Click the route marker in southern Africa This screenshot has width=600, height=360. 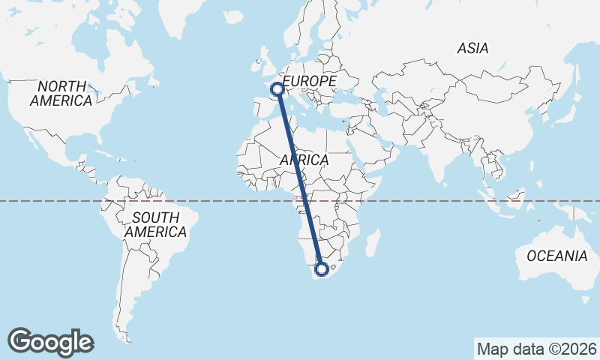pos(322,268)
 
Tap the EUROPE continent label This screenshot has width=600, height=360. pos(309,80)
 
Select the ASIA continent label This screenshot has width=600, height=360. pos(472,49)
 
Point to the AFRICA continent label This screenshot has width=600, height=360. pos(304,160)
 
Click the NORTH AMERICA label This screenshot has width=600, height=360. pos(61,93)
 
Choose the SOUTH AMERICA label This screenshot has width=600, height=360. pos(155,225)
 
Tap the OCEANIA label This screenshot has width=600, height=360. pos(556,256)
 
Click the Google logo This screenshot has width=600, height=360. pos(50,342)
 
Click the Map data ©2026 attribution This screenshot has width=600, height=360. pos(536,349)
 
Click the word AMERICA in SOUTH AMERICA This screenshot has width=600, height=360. pos(155,232)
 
